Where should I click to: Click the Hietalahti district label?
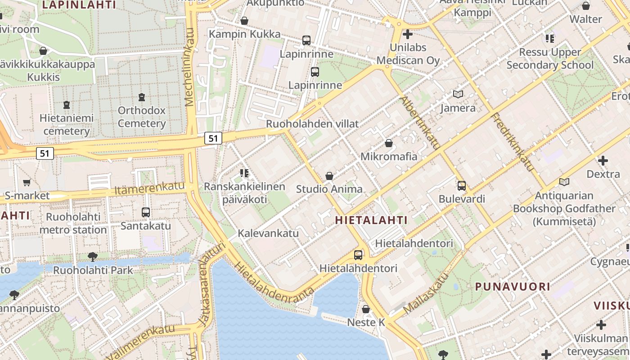(371, 220)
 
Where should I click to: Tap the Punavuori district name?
(513, 286)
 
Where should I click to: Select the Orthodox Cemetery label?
(142, 117)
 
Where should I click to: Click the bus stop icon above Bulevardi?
(462, 185)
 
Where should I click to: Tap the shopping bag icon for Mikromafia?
(389, 143)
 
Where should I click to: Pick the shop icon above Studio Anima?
(329, 176)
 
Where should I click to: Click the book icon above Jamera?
(458, 94)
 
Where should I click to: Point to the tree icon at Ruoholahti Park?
(93, 257)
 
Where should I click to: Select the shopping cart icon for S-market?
(27, 182)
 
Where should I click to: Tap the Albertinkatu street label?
(420, 122)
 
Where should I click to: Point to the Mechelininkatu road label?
(189, 67)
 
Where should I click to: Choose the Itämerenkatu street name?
(149, 189)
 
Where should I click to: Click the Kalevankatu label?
(268, 233)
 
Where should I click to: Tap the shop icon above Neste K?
(366, 309)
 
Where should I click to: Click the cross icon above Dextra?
(603, 160)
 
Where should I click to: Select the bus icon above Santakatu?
(146, 212)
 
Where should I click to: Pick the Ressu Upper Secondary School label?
(550, 58)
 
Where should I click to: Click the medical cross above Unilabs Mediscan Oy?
(408, 34)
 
